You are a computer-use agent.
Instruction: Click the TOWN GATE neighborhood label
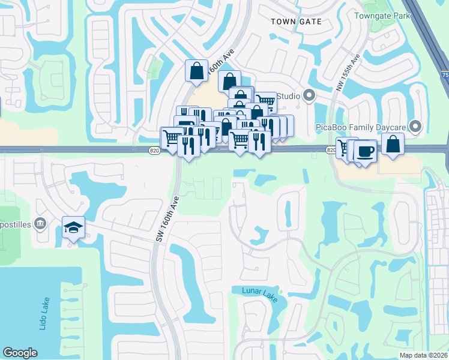[x=296, y=22]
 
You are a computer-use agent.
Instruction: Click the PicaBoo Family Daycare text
[x=361, y=127]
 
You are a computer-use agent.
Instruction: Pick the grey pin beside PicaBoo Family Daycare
[x=414, y=127]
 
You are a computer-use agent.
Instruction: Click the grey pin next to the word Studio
[x=309, y=95]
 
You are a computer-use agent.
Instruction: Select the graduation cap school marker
[x=73, y=227]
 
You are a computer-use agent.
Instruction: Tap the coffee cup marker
[x=364, y=151]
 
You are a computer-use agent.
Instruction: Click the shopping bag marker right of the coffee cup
[x=393, y=144]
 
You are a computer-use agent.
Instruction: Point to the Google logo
[x=20, y=353]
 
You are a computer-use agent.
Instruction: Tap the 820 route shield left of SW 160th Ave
[x=155, y=151]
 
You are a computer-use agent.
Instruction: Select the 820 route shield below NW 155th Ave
[x=331, y=150]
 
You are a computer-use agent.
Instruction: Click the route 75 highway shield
[x=445, y=75]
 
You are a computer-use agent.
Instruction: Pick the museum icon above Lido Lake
[x=40, y=224]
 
